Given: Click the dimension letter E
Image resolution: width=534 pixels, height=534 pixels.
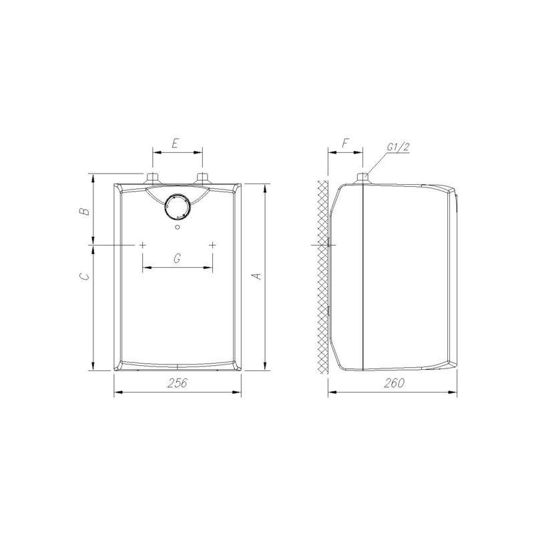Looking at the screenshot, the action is (175, 144).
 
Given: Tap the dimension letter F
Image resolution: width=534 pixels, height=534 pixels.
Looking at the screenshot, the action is (345, 144).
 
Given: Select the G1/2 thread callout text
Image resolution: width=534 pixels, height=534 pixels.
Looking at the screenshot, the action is (398, 147).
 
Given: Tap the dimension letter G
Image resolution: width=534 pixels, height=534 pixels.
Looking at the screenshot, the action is (177, 259).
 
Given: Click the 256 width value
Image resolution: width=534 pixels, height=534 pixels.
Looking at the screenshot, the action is (178, 382).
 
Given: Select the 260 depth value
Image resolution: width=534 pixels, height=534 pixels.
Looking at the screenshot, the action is (394, 382).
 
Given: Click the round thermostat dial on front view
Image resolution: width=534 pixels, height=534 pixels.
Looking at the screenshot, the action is (177, 206).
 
